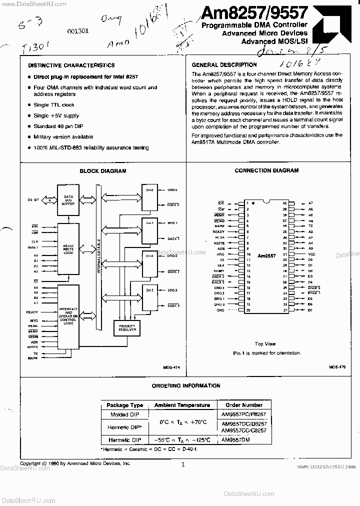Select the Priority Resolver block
124,327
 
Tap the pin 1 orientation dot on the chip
253,203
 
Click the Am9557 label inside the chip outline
266,255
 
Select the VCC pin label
311,254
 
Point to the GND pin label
220,310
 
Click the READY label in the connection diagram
218,232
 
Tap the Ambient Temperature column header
182,405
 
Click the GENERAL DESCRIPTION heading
224,64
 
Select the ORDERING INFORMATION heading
186,385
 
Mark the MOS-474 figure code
171,367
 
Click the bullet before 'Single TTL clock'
29,105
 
